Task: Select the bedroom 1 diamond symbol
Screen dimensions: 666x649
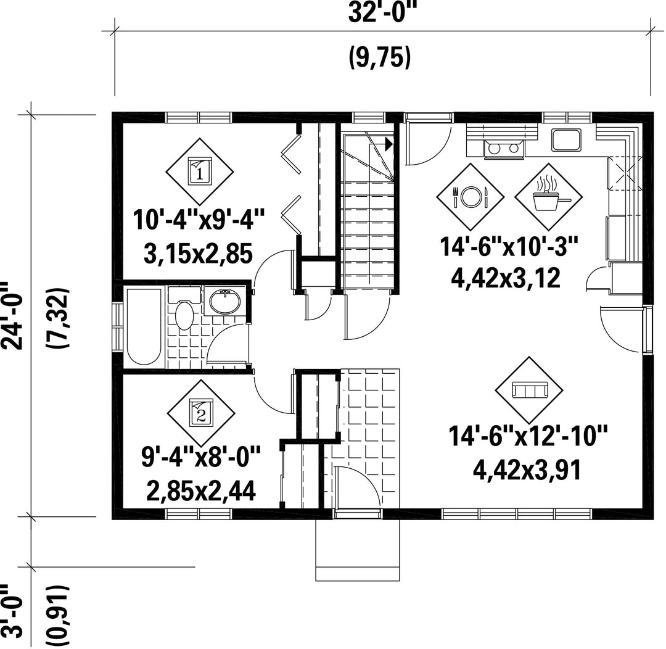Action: pyautogui.click(x=199, y=172)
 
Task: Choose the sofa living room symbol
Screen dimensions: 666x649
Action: pyautogui.click(x=529, y=390)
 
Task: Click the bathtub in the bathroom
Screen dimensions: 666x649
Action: pyautogui.click(x=144, y=327)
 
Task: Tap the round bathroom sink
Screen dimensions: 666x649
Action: pyautogui.click(x=224, y=301)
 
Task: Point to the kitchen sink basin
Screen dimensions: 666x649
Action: pyautogui.click(x=566, y=140)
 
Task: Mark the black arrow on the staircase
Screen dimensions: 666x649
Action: pyautogui.click(x=388, y=144)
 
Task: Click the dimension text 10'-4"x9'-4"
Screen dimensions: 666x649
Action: pyautogui.click(x=199, y=219)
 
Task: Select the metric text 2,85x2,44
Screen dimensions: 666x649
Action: pyautogui.click(x=201, y=491)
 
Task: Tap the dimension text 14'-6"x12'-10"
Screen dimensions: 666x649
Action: pyautogui.click(x=528, y=437)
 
